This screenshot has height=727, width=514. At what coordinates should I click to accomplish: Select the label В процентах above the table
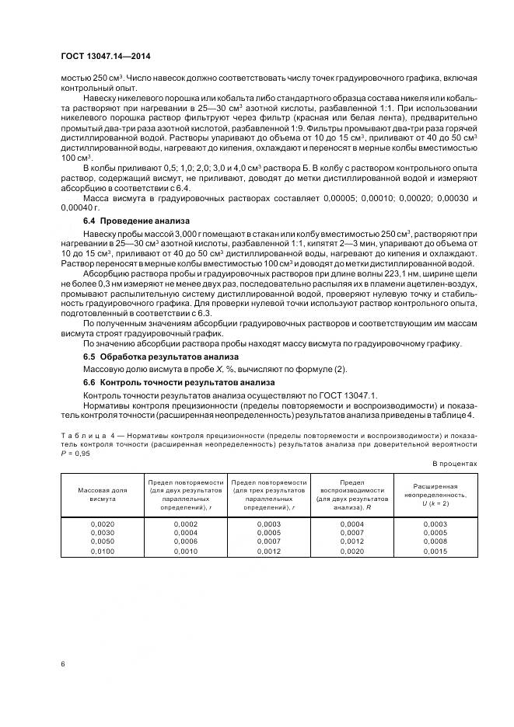(454, 463)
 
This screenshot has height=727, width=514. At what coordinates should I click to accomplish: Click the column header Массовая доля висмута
(102, 495)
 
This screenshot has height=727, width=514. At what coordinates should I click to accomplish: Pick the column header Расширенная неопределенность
(435, 495)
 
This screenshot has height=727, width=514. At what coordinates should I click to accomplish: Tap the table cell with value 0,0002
(185, 524)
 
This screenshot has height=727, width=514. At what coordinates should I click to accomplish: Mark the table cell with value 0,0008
(435, 541)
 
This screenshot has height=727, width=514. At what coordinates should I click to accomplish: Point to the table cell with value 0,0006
(185, 541)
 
